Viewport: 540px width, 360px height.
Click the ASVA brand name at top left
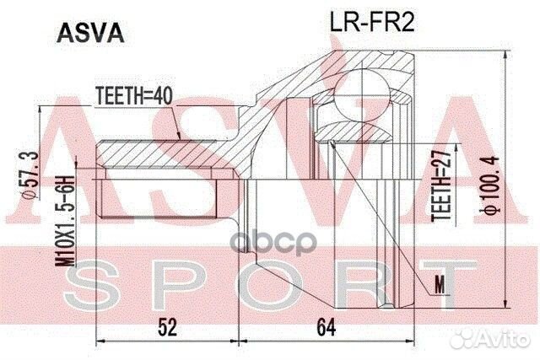90,33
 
